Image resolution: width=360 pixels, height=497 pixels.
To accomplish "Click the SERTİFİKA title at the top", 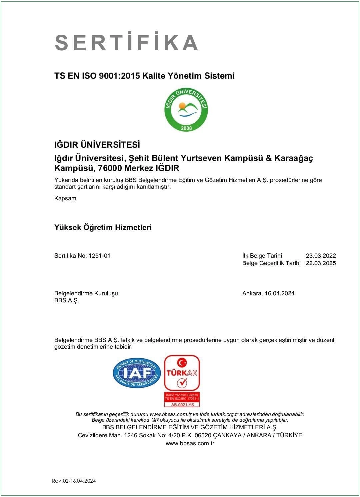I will tap(127, 42).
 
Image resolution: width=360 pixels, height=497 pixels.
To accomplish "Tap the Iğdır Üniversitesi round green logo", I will tap(186, 109).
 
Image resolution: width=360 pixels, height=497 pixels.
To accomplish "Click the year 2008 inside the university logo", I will tap(186, 128).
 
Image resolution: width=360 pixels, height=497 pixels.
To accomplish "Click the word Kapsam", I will tap(65, 198).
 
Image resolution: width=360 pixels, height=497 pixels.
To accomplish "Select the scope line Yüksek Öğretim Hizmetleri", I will tap(103, 227).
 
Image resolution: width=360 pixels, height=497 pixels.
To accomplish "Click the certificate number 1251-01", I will tap(99, 256).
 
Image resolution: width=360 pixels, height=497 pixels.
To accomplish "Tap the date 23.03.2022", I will tap(321, 256).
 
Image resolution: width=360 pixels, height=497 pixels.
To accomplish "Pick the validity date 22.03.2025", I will tap(321, 263).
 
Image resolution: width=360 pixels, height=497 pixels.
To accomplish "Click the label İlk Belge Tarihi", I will tap(262, 256).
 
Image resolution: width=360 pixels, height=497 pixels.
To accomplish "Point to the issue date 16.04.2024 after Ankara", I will tap(280, 293).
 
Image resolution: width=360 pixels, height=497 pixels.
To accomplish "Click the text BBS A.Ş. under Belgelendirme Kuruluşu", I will tap(67, 300).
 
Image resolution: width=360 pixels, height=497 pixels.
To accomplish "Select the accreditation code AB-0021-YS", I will tap(182, 405).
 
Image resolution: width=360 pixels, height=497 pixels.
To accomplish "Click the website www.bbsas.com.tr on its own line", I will tap(190, 443).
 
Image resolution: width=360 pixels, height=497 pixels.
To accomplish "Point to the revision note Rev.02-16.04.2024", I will tap(74, 481).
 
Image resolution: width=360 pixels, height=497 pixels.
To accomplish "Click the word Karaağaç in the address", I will tap(294, 158).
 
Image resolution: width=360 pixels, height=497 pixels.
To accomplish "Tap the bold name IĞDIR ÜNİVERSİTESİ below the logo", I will tap(97, 145).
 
